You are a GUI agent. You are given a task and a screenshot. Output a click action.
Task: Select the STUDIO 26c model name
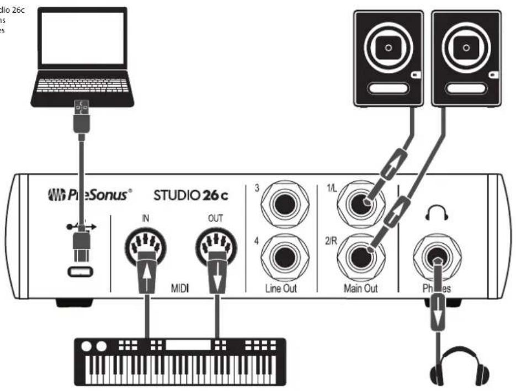[191, 195]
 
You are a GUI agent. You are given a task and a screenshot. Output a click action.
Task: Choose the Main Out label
[361, 288]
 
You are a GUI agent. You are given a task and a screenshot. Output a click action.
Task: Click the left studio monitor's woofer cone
[389, 48]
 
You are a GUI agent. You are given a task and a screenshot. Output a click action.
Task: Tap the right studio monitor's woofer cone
[467, 48]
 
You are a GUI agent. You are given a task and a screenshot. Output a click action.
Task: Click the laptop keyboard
[82, 86]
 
